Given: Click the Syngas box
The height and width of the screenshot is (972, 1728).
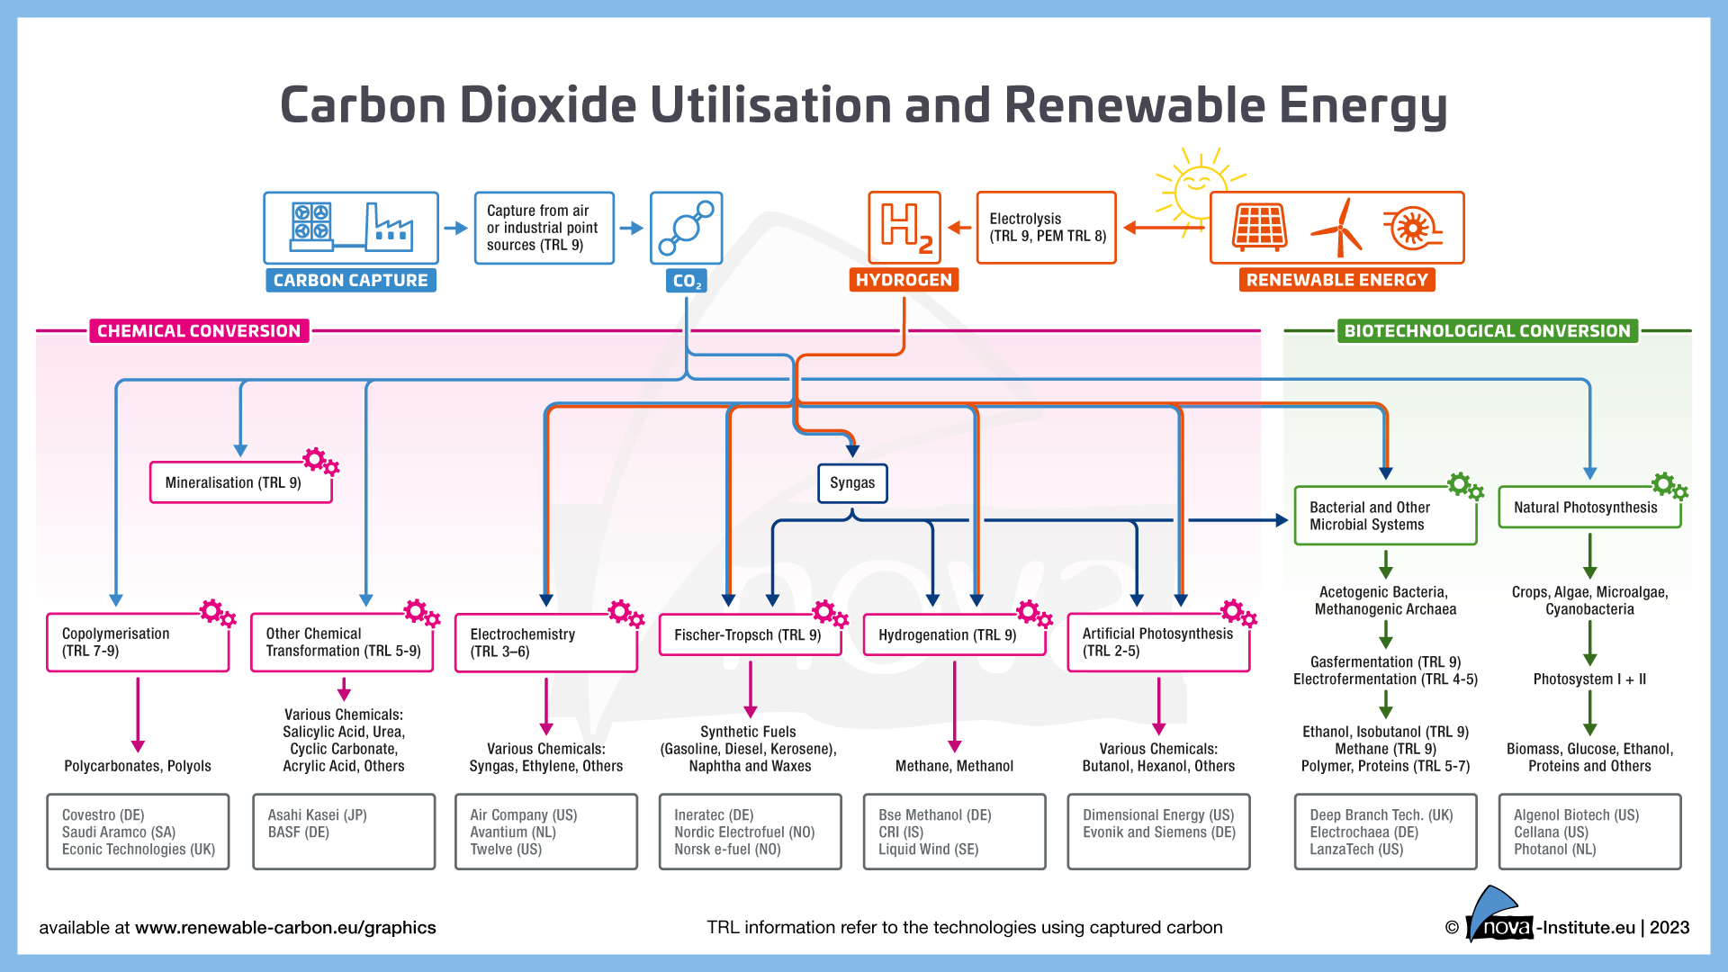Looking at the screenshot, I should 851,483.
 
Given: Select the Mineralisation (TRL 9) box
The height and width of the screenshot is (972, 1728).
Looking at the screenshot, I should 240,483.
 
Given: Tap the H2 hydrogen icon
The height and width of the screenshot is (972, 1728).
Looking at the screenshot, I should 904,227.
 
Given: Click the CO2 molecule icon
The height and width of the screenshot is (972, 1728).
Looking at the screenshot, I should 686,228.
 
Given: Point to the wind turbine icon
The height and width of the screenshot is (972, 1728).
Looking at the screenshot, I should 1338,229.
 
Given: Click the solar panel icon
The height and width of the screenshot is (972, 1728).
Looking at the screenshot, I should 1259,227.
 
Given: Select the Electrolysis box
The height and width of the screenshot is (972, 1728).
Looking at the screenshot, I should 1046,228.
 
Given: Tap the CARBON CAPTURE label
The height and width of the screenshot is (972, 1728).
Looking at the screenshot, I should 350,281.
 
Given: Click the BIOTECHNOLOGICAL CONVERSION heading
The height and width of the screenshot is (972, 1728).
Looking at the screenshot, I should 1487,331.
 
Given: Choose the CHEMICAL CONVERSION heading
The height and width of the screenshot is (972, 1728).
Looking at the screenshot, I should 199,331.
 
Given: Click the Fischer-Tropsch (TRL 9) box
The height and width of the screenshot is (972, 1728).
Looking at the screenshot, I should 749,635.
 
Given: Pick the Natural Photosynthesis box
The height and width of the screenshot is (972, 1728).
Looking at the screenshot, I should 1588,508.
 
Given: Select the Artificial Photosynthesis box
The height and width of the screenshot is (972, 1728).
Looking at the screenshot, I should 1157,643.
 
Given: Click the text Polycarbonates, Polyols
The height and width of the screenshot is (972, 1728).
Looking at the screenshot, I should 138,766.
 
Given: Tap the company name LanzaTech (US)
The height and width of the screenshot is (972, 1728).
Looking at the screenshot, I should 1356,850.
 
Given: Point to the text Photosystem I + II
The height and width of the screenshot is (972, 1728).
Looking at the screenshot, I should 1589,679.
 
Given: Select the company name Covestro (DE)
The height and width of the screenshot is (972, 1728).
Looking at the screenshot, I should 103,815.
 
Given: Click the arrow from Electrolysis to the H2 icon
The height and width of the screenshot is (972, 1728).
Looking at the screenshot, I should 959,228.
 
